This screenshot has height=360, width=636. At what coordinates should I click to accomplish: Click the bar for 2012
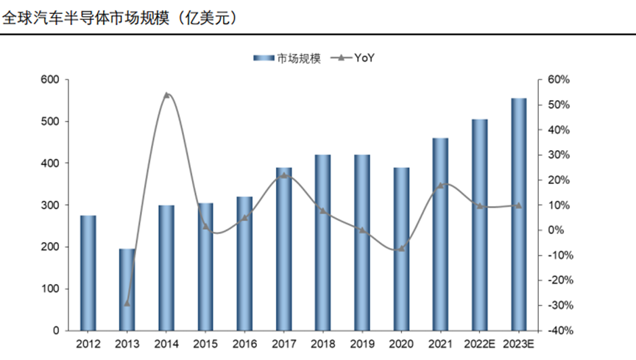pyautogui.click(x=88, y=272)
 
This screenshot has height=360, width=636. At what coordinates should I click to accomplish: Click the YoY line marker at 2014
pyautogui.click(x=166, y=95)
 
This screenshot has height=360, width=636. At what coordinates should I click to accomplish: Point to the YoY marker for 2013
pyautogui.click(x=127, y=303)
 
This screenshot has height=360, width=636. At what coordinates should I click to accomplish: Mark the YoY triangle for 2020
pyautogui.click(x=401, y=248)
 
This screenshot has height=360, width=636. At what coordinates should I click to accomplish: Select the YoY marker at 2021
pyautogui.click(x=440, y=186)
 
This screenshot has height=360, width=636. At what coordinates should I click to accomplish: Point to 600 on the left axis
pyautogui.click(x=50, y=80)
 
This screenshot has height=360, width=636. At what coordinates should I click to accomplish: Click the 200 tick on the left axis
pyautogui.click(x=50, y=247)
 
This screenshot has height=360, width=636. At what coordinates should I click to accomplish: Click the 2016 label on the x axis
pyautogui.click(x=244, y=344)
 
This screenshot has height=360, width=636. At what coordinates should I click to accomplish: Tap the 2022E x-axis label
pyautogui.click(x=479, y=344)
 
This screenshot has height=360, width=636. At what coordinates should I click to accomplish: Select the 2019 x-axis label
pyautogui.click(x=362, y=344)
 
